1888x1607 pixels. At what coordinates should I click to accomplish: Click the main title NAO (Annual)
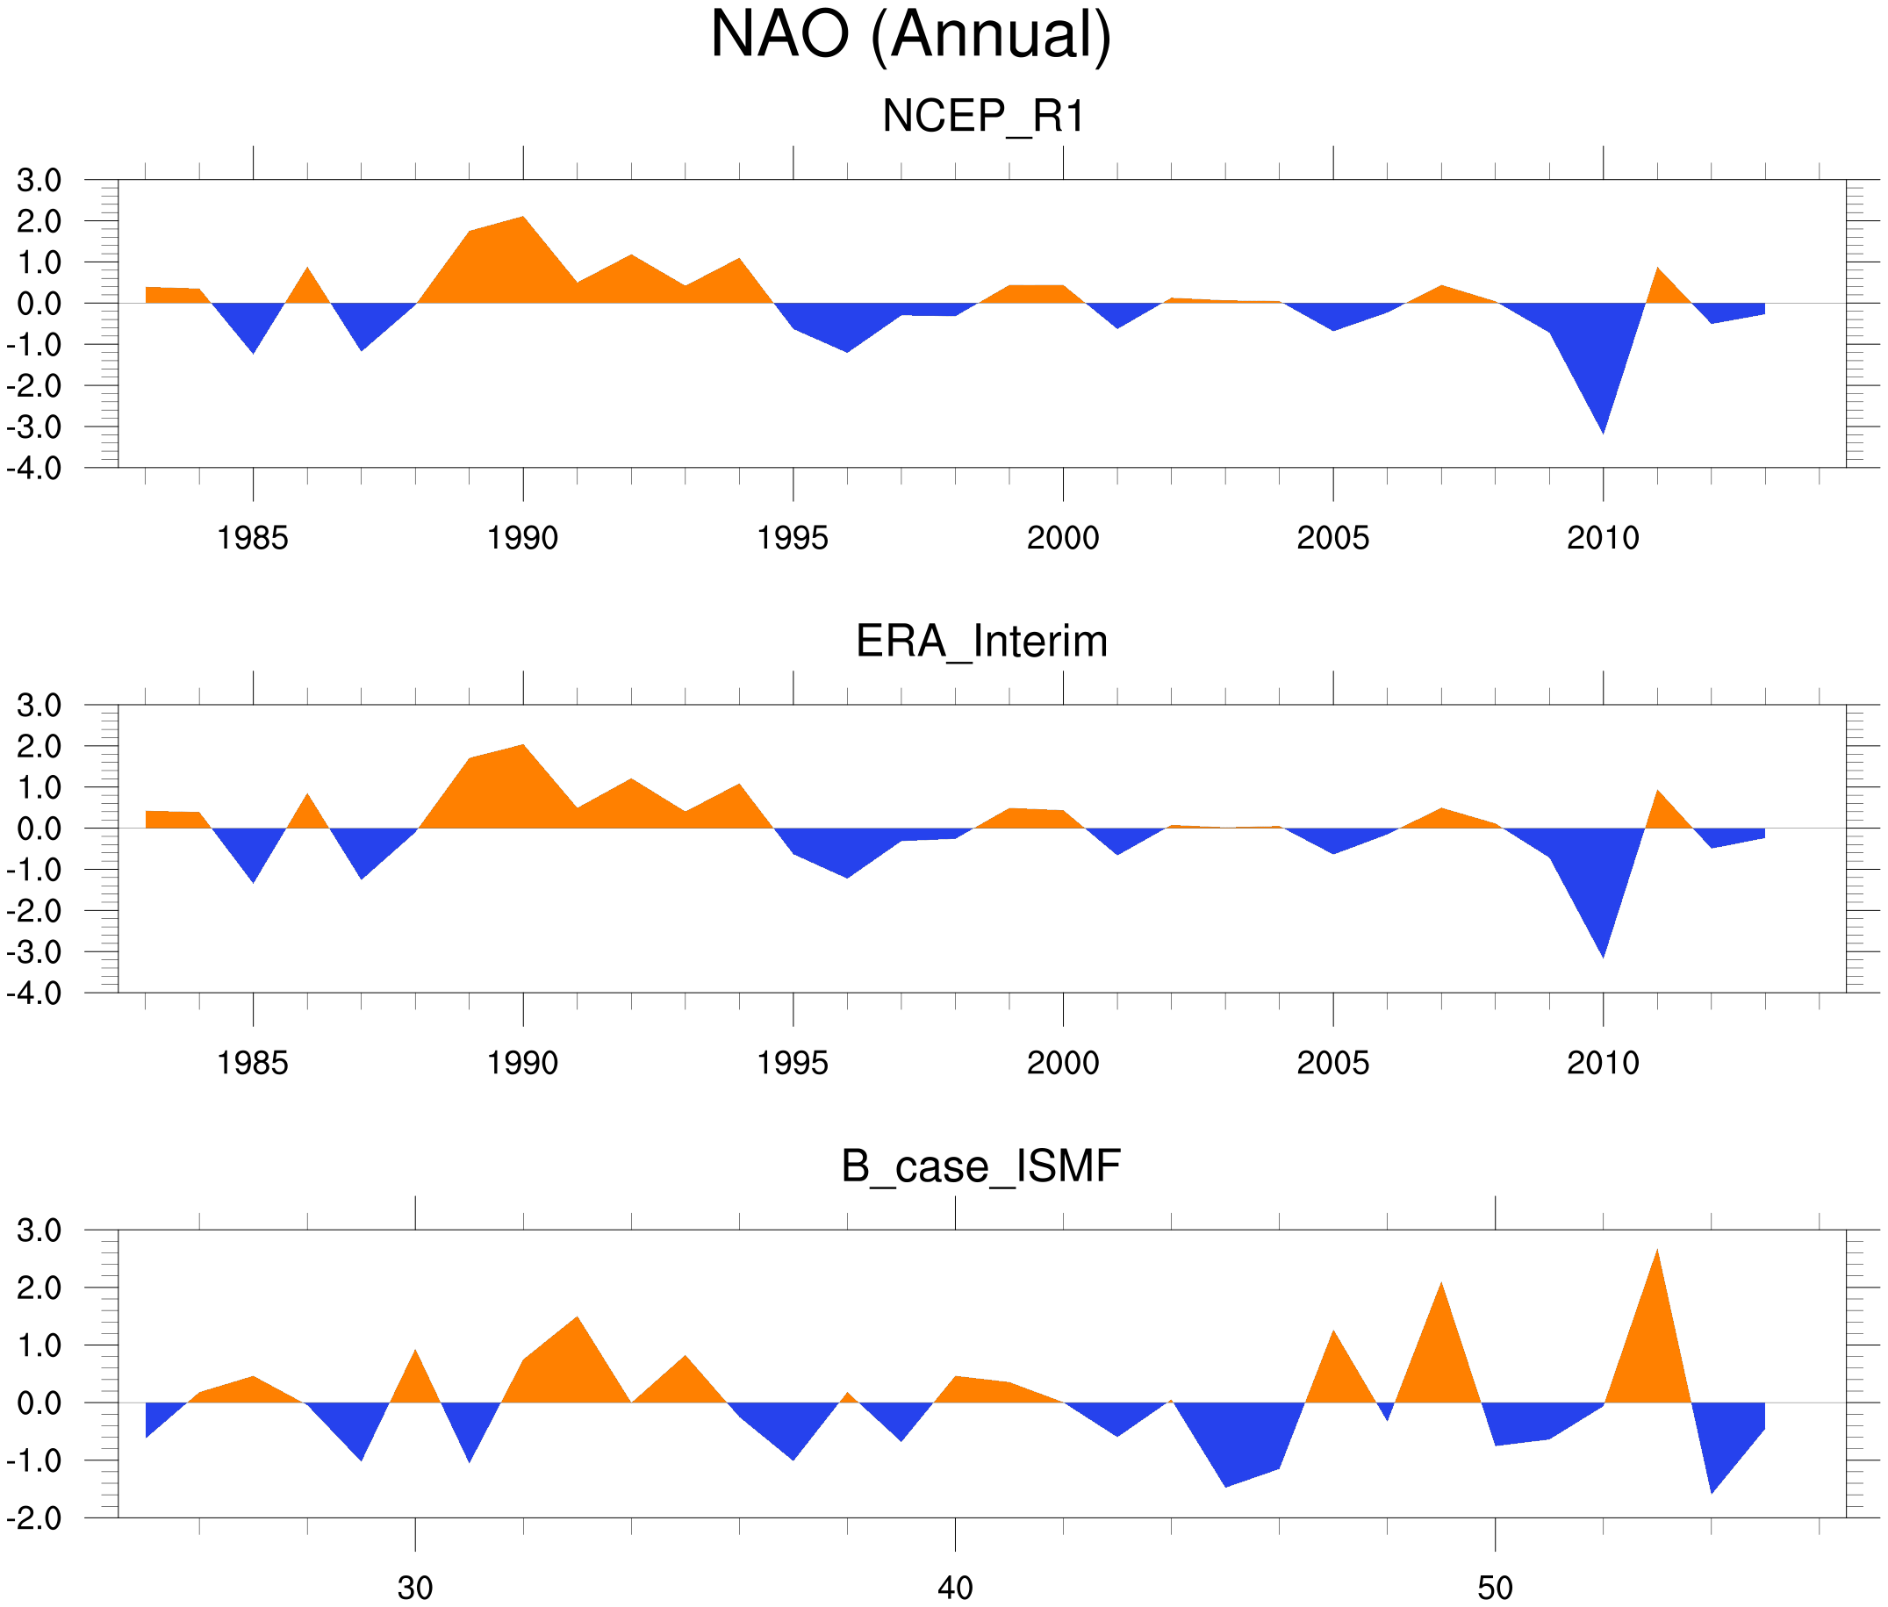click(910, 34)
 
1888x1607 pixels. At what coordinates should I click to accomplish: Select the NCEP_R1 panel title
click(983, 117)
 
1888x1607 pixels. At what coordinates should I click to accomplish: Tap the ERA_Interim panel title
click(981, 642)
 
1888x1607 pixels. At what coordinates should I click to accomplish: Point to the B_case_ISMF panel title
click(980, 1166)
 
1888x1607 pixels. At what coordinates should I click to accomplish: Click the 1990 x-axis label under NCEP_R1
click(522, 538)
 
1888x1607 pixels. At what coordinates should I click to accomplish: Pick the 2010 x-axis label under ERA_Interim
click(1603, 1063)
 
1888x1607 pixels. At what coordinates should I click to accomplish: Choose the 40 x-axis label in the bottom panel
click(955, 1588)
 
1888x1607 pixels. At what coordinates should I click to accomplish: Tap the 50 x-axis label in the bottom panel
click(1496, 1588)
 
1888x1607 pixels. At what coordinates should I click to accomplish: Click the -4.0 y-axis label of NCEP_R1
click(34, 469)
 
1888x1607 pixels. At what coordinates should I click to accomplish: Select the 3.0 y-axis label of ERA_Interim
click(39, 705)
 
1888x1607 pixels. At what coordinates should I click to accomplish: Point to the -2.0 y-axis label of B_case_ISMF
click(34, 1517)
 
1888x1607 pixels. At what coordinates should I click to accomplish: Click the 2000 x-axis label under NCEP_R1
click(1062, 538)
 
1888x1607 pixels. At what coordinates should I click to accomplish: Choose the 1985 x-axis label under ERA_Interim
click(253, 1063)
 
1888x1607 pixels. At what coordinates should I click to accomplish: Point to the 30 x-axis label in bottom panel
click(415, 1588)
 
